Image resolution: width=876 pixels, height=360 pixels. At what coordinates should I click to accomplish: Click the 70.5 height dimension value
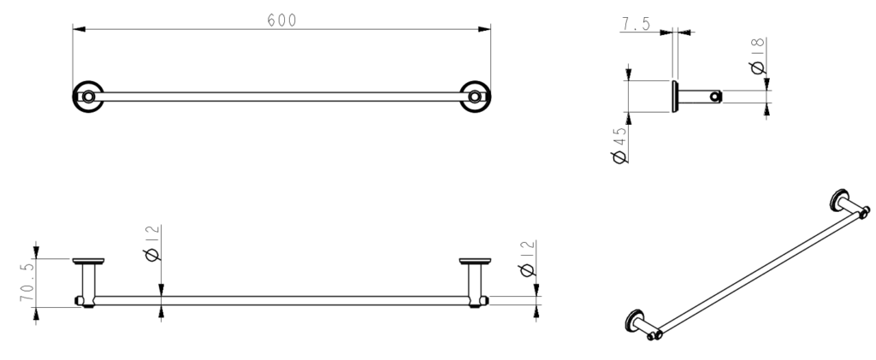tap(27, 281)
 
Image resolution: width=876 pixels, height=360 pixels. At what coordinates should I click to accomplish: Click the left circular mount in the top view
tap(86, 97)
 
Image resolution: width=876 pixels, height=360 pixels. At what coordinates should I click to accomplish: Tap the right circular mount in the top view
tap(473, 97)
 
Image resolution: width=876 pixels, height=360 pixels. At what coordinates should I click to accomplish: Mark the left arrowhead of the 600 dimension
tap(78, 31)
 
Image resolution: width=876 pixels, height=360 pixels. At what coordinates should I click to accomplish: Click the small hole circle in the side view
tap(714, 97)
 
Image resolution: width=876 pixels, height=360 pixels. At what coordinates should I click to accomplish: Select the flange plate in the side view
tap(675, 97)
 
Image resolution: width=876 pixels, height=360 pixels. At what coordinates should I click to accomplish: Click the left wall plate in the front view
tap(88, 261)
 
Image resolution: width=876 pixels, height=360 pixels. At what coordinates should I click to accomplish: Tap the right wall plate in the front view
tap(474, 261)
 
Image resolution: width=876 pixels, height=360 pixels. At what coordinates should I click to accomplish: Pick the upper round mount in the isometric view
tap(839, 199)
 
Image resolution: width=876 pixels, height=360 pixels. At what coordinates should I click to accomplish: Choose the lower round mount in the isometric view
tap(635, 320)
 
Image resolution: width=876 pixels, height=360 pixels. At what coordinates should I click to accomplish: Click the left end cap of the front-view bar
tap(81, 301)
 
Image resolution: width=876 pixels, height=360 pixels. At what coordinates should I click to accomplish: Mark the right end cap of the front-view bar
tap(483, 301)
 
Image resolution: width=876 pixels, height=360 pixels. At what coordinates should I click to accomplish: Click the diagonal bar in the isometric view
tap(753, 264)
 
